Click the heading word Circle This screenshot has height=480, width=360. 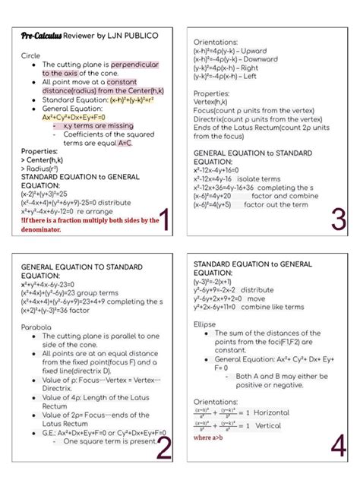30,56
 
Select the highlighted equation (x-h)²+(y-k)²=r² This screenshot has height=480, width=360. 137,99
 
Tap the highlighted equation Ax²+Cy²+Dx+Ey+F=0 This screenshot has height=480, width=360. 74,117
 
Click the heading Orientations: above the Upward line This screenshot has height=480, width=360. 215,42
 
